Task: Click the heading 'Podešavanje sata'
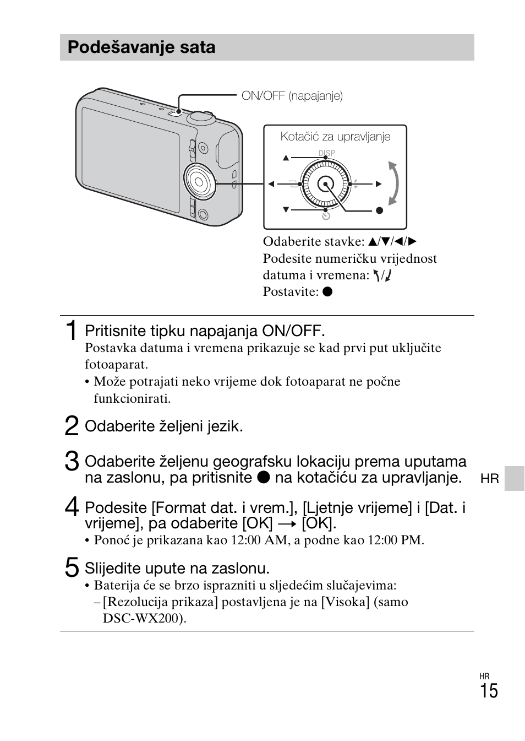tap(141, 47)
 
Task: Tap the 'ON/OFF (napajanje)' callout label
tap(292, 96)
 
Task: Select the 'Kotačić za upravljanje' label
tap(335, 137)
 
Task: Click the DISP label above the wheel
tap(326, 153)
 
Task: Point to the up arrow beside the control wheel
tap(286, 158)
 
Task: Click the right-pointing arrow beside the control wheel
tap(379, 184)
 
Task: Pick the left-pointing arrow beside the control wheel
tap(271, 184)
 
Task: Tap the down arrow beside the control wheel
tap(286, 210)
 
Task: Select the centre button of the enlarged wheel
tap(325, 184)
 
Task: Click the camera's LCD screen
tap(130, 160)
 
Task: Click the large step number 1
tap(70, 331)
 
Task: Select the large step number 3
tap(71, 462)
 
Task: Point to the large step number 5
tap(71, 567)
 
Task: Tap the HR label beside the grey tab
tap(489, 479)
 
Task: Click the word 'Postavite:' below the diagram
tap(291, 291)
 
